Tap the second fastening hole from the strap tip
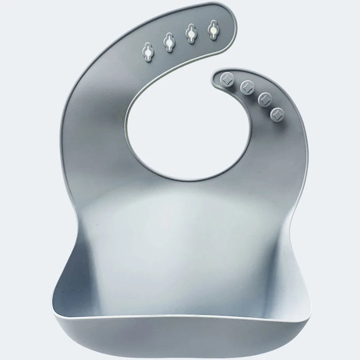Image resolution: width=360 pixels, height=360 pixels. tap(190, 34)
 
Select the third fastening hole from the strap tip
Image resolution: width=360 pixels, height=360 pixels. tap(169, 42)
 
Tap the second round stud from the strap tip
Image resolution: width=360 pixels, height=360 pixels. tap(247, 85)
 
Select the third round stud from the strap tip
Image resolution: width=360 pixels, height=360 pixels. tap(265, 97)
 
